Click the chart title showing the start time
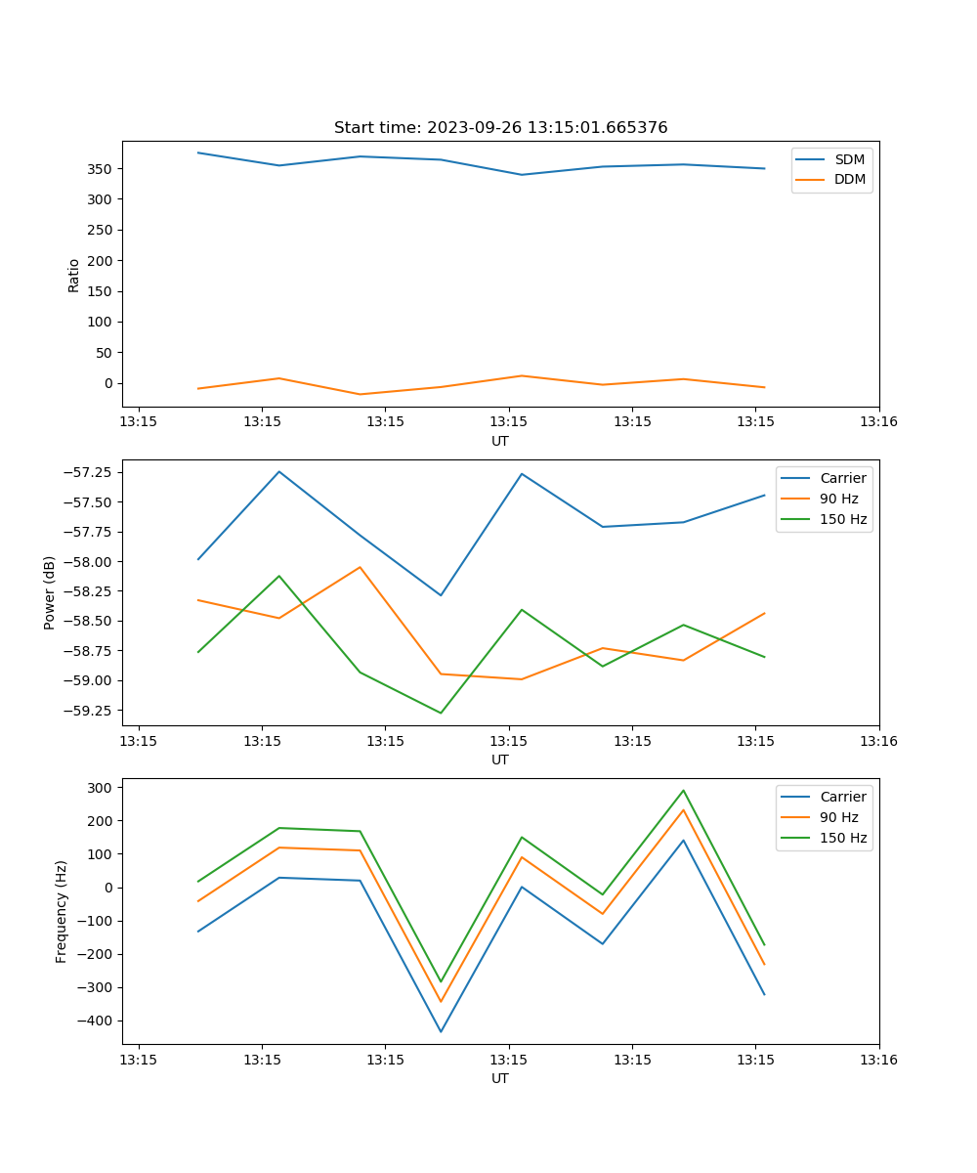click(500, 128)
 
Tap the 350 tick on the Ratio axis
click(101, 169)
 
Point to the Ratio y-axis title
click(74, 275)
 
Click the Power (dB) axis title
click(50, 592)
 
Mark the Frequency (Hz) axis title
click(62, 911)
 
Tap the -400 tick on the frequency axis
click(94, 1021)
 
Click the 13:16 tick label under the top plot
click(878, 422)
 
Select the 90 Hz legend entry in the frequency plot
click(838, 817)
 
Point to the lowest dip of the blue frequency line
click(441, 1031)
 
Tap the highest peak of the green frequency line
click(683, 791)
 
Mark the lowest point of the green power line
click(441, 713)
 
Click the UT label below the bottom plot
click(500, 1078)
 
